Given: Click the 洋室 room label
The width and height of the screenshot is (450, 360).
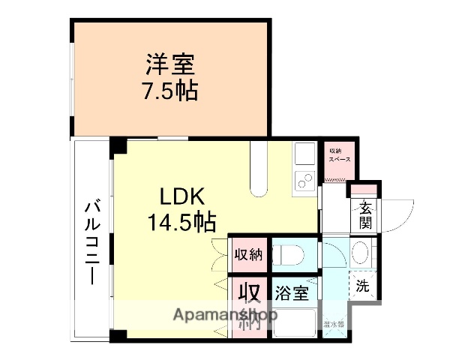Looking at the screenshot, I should click(169, 64).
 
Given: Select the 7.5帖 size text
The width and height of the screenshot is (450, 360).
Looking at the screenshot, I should click(169, 91).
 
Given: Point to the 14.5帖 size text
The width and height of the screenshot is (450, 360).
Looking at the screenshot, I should click(181, 222).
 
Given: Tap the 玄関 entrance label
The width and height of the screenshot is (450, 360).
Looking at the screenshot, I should click(365, 215).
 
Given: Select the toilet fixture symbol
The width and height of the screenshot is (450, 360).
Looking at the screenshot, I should click(288, 254).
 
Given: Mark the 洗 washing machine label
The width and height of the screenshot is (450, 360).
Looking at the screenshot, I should click(362, 285).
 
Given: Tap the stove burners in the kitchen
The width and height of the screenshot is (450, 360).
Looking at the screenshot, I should click(304, 181).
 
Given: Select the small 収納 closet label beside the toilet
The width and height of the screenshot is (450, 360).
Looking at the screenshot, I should click(247, 253).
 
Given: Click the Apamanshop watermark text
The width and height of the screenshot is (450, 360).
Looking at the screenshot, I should click(225, 315).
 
